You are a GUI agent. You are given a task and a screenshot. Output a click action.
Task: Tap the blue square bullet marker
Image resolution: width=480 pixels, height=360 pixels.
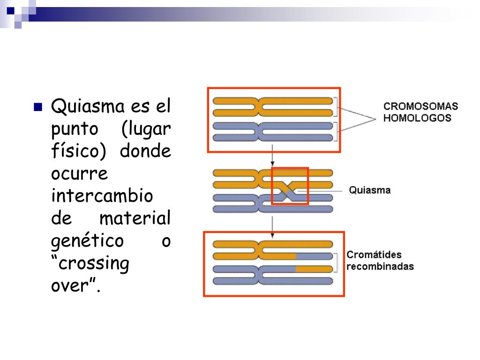(38, 106)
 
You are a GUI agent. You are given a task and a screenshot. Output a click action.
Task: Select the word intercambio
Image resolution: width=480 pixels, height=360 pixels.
(102, 195)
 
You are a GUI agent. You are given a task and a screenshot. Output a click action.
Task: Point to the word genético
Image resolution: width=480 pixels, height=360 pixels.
(87, 242)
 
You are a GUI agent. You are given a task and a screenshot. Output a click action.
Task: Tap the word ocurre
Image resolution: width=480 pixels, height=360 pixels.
(79, 173)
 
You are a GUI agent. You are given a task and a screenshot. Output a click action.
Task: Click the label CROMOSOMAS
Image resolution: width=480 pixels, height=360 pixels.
(420, 106)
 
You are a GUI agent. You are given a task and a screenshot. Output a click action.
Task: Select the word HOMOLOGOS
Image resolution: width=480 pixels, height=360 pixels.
(417, 118)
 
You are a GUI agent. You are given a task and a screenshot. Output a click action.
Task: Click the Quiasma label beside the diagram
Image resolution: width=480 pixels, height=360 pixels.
(370, 190)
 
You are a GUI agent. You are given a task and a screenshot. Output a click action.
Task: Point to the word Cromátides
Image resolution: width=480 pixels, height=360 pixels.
(374, 255)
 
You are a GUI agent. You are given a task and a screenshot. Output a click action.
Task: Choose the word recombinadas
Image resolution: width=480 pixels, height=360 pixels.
(380, 266)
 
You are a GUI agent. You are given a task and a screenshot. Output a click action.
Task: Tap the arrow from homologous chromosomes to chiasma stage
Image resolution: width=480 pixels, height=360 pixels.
(272, 160)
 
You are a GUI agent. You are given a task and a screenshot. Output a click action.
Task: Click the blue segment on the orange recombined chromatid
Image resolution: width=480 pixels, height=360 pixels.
(314, 256)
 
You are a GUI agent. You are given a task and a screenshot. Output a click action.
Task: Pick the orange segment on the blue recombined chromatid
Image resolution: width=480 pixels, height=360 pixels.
(314, 269)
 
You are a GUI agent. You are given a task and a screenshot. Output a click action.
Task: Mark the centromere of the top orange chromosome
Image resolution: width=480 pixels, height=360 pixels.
(258, 106)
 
